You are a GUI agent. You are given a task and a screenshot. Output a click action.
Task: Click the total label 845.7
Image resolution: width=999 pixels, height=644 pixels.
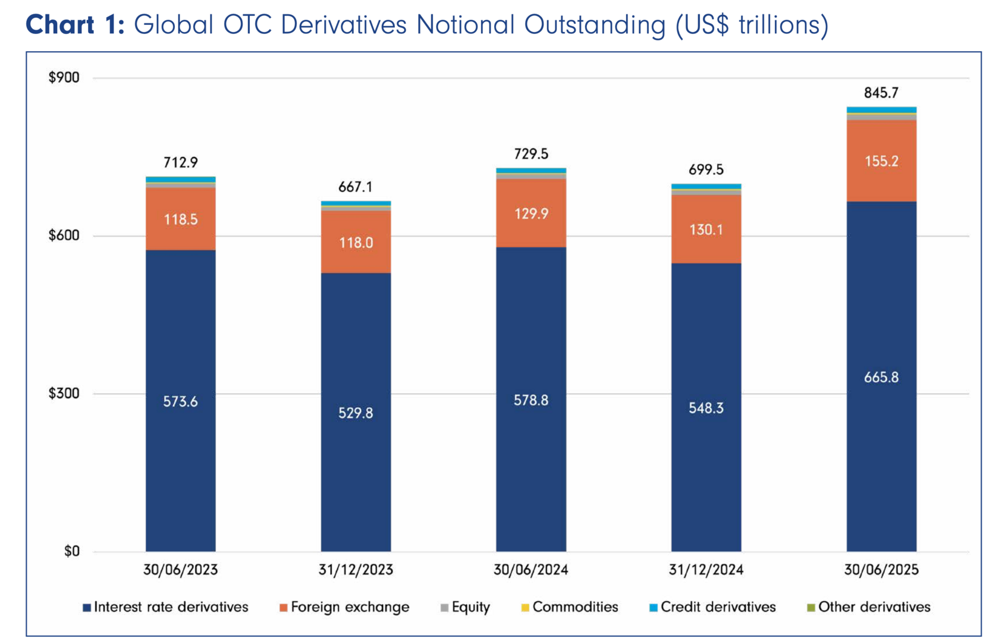tap(881, 93)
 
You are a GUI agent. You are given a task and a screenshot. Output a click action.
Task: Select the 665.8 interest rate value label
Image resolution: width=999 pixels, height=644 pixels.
tap(881, 378)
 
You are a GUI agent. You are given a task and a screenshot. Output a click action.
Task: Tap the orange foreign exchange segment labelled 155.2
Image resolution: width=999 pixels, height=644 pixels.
tap(881, 161)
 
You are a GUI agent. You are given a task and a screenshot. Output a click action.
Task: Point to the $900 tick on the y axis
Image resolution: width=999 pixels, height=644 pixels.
tap(64, 78)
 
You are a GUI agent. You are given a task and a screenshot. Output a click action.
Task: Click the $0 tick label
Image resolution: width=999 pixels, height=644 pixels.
tap(71, 551)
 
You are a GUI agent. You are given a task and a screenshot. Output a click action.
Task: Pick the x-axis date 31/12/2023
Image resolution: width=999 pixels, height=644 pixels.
tap(356, 570)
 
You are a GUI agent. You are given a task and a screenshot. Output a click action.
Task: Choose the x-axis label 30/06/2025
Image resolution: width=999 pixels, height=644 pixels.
tap(881, 570)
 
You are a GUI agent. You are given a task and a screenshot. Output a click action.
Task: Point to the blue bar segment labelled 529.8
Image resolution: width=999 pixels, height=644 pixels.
tap(356, 413)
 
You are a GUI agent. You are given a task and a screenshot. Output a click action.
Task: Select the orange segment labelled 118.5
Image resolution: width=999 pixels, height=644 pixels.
tap(180, 219)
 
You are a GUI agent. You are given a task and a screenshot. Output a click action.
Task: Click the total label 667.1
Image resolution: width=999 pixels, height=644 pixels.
tap(355, 187)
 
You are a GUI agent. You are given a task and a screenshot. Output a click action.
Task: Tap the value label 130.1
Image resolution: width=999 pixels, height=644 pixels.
tap(706, 230)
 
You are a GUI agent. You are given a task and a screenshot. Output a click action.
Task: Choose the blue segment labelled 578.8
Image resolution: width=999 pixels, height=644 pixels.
tap(531, 400)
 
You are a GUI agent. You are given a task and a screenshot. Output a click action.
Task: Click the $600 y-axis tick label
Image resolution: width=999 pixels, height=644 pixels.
tap(64, 235)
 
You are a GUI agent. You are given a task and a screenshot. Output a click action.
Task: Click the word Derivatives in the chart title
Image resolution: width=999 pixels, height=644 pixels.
tap(343, 25)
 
